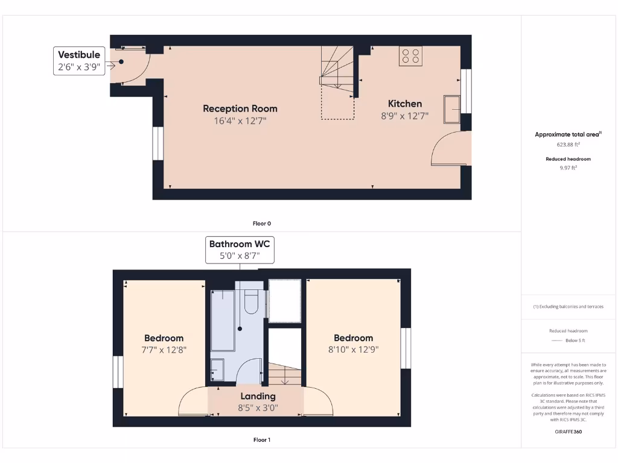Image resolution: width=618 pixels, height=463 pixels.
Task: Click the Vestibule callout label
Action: coord(79,61)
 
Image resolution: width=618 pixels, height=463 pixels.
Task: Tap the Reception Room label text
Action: coord(240,109)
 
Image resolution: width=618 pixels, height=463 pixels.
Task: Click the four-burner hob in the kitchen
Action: coord(410,56)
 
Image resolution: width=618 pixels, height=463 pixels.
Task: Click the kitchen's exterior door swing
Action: coord(450,150)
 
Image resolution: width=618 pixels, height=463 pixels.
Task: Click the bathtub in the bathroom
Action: coord(223,320)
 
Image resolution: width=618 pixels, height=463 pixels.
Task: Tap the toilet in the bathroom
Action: coord(251,301)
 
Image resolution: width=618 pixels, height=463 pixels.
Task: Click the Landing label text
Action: coord(258,396)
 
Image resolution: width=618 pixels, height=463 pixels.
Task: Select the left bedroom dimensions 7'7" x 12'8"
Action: coord(164,349)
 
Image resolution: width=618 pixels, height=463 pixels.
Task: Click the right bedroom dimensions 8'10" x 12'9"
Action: coord(353,349)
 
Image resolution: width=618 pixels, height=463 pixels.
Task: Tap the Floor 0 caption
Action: coord(261,223)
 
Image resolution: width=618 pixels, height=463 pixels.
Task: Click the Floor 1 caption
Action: coord(261,440)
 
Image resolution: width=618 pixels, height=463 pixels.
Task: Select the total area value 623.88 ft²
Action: coord(567,145)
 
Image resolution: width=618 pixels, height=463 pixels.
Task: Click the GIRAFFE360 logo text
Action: coord(567,432)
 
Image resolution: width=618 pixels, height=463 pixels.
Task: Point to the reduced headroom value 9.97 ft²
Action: coord(567,168)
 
